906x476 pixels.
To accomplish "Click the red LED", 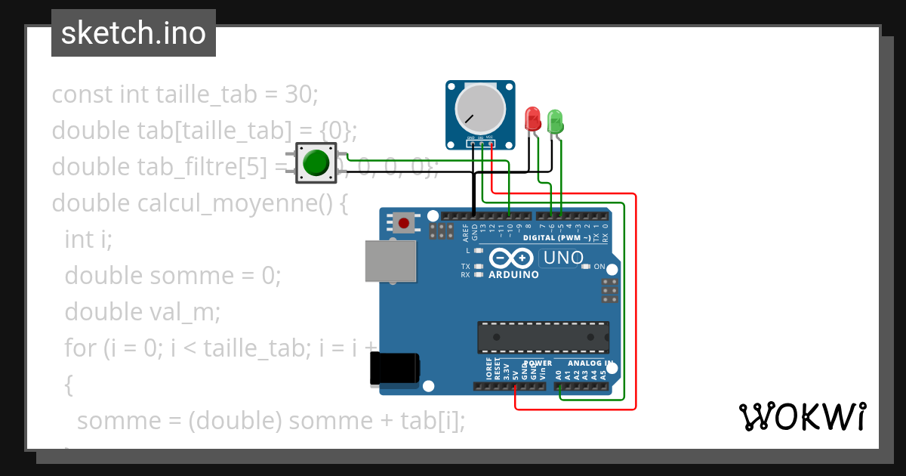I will pyautogui.click(x=533, y=119).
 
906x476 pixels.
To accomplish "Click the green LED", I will pyautogui.click(x=555, y=122).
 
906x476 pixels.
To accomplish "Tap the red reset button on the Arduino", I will pyautogui.click(x=404, y=223).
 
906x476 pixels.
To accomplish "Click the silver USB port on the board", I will pyautogui.click(x=390, y=261).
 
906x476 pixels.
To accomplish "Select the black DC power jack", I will pyautogui.click(x=394, y=369).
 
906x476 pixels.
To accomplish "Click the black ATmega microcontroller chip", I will pyautogui.click(x=543, y=337).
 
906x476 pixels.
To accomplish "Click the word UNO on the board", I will pyautogui.click(x=564, y=258).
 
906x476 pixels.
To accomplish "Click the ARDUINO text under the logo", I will pyautogui.click(x=513, y=275).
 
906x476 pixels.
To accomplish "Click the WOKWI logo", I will pyautogui.click(x=802, y=417).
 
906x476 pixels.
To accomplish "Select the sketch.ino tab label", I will pyautogui.click(x=133, y=33).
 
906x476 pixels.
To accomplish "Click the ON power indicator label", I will pyautogui.click(x=600, y=267).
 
